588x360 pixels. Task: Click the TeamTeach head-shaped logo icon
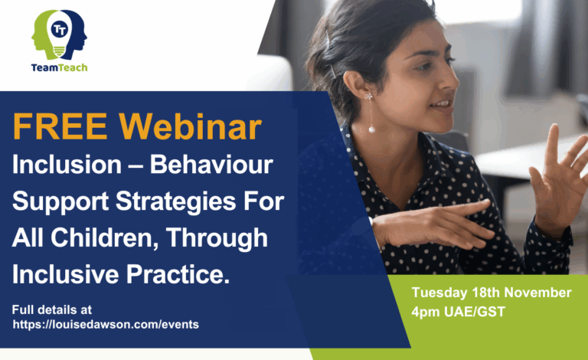[59, 34]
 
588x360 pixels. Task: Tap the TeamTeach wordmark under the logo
[59, 67]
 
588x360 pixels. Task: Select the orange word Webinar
[194, 128]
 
